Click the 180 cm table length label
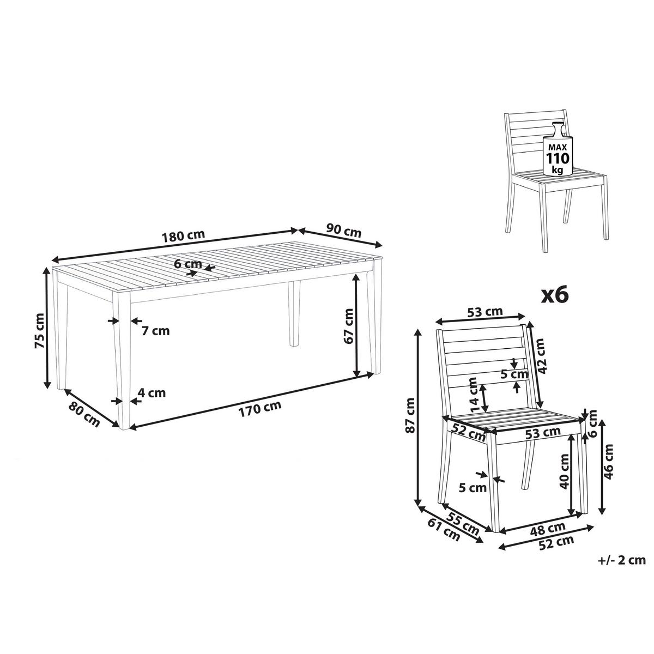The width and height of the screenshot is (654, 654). point(183,235)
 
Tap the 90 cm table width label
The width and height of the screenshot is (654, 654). point(344,231)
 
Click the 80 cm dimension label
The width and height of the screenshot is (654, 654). point(84,414)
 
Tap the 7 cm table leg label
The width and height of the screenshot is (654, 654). point(156,331)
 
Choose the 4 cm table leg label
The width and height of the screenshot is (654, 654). point(152,393)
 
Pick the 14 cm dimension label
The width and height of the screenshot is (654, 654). point(475,395)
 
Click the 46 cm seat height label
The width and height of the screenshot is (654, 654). point(609,462)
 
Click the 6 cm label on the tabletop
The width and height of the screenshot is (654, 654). point(188,264)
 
